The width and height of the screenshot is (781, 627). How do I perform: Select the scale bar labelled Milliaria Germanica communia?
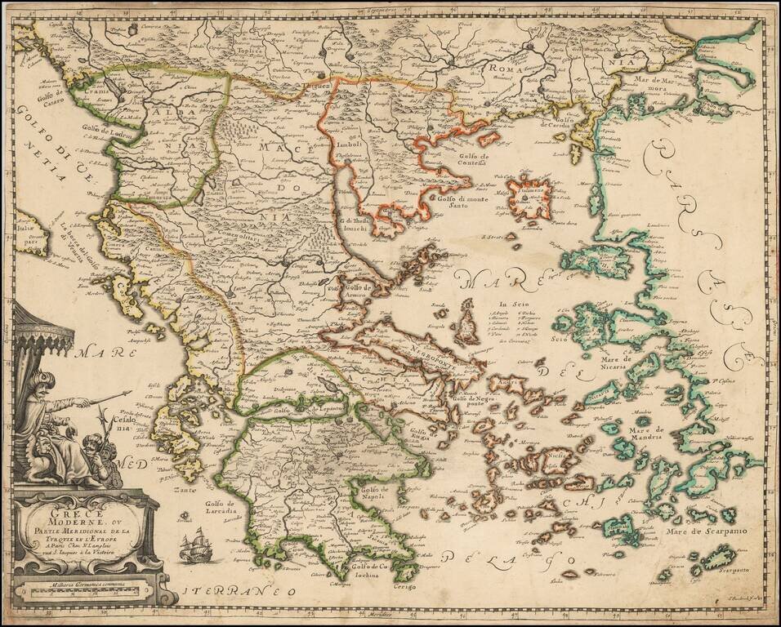coord(78,586)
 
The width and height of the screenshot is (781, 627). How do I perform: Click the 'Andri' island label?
coord(508,381)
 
